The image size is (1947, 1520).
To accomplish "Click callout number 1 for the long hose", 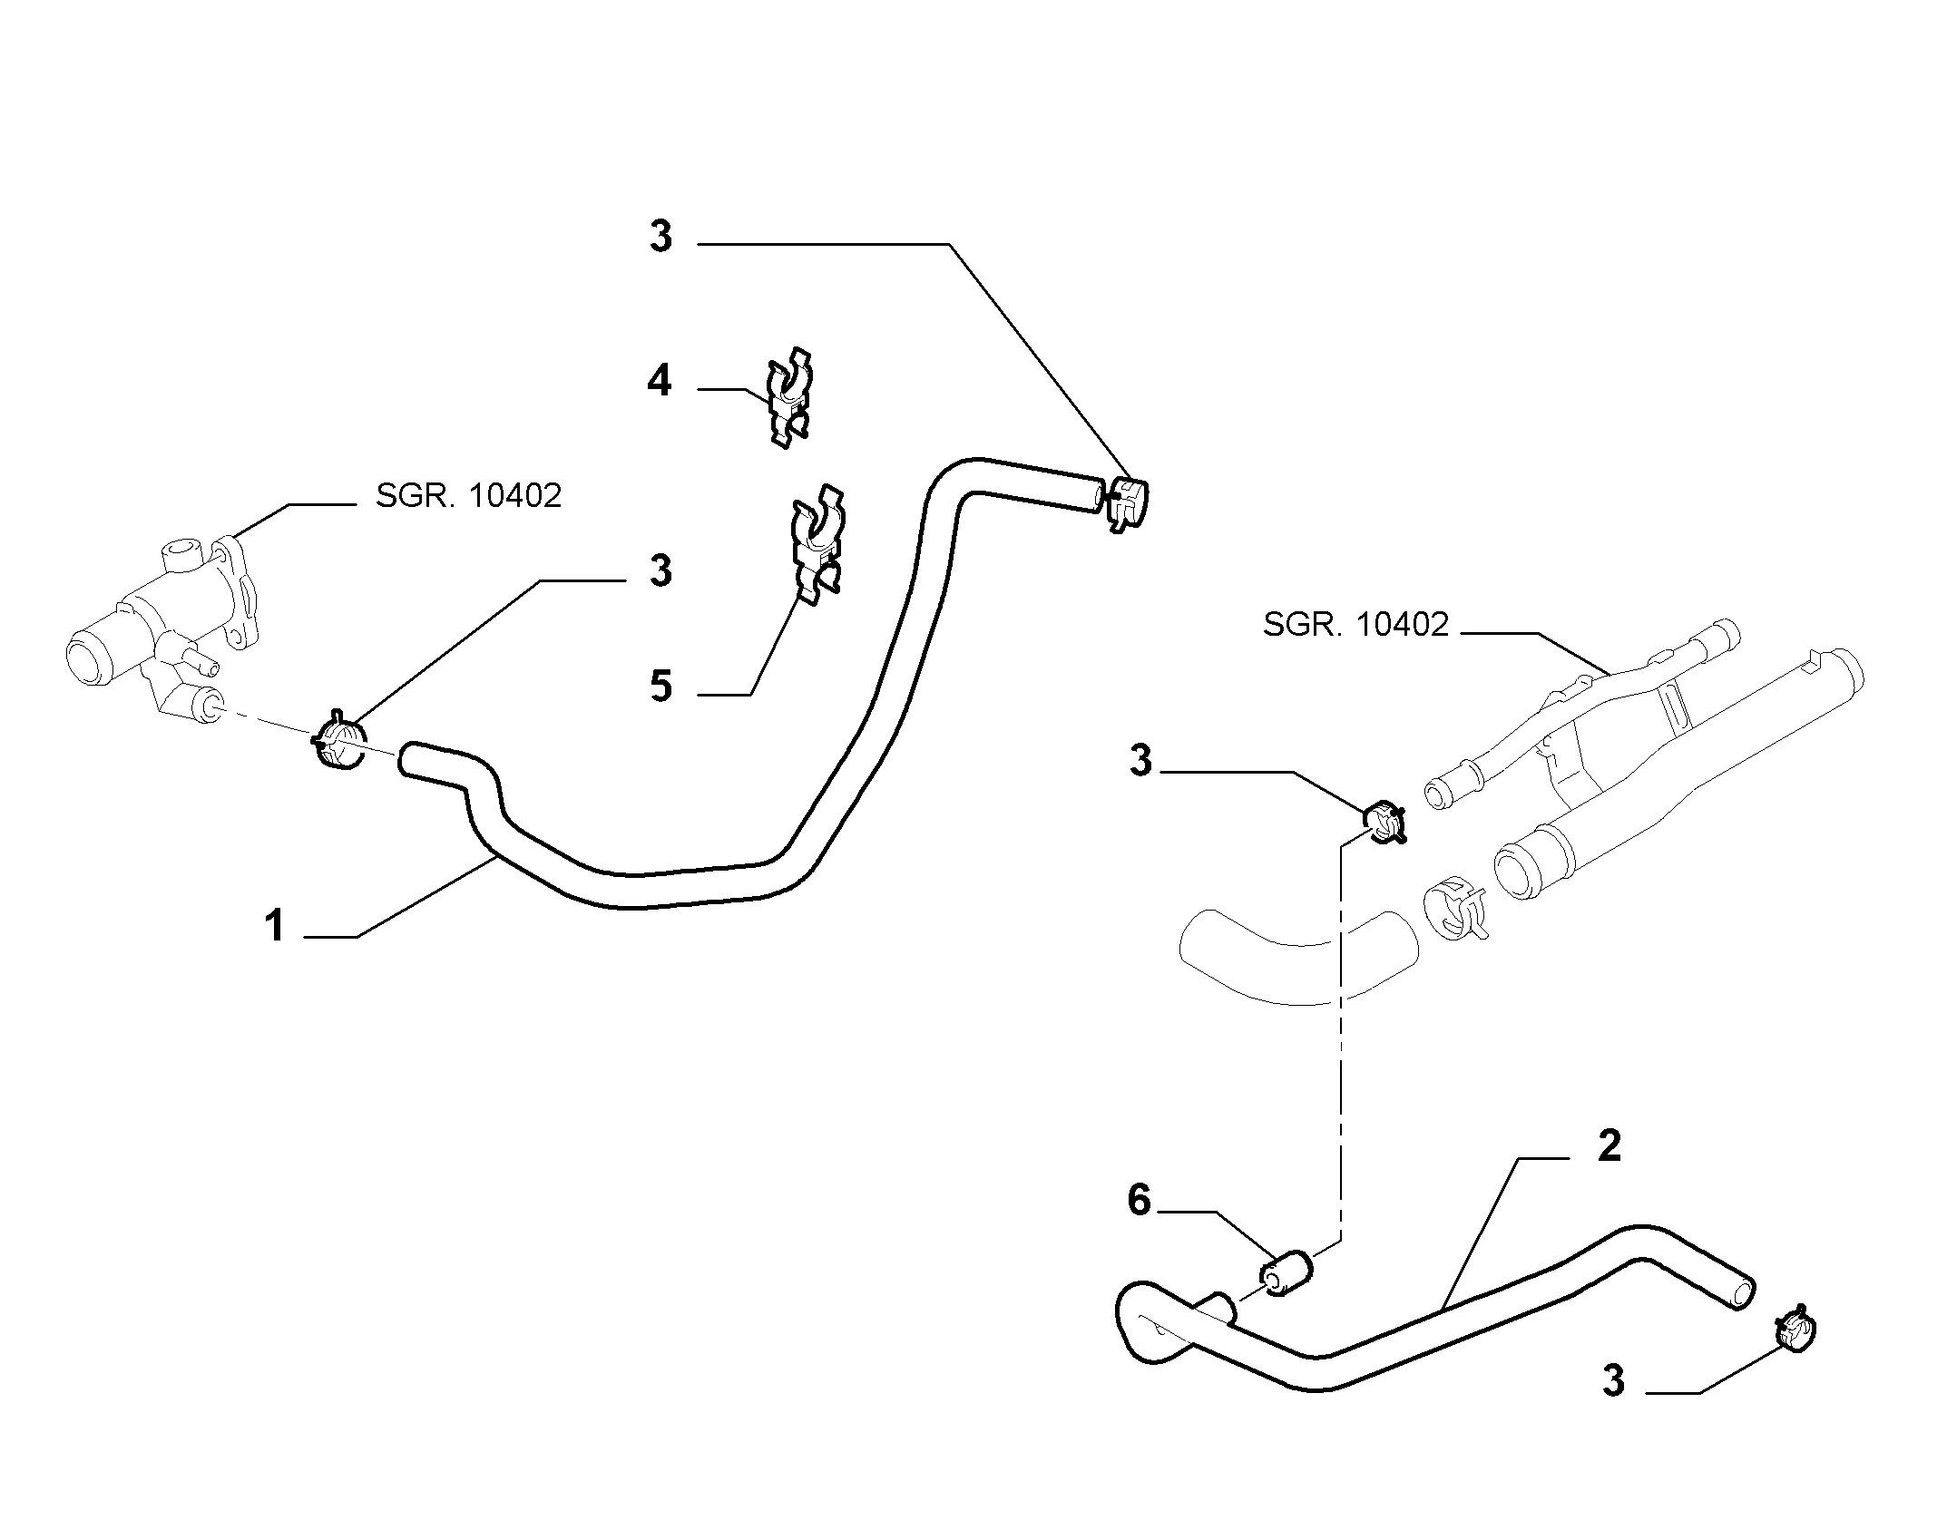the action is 274,927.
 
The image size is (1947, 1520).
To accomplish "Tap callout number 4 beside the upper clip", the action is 660,380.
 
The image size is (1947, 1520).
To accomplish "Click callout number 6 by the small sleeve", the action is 1139,1200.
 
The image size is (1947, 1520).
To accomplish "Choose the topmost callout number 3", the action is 660,236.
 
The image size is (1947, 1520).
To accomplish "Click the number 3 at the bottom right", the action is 1612,1383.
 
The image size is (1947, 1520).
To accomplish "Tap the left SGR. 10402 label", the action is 469,495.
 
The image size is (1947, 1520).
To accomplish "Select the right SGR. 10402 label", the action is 1356,624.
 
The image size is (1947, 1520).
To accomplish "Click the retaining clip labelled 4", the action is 788,398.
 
